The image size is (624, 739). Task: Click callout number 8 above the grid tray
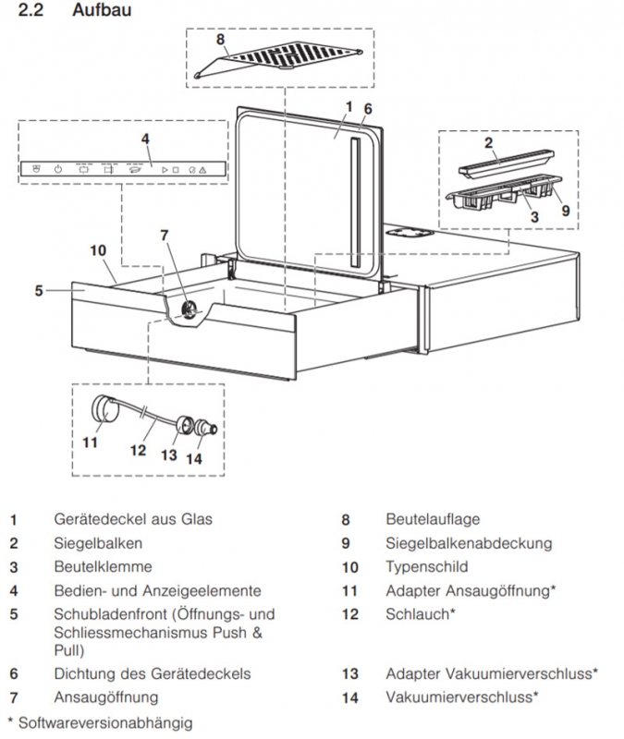tap(221, 40)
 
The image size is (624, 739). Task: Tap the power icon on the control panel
tap(57, 170)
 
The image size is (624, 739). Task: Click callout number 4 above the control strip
tap(144, 139)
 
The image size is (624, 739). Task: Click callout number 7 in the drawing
tap(165, 236)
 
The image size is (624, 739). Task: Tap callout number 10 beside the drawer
tap(99, 250)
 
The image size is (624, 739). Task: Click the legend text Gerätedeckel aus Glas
tap(133, 519)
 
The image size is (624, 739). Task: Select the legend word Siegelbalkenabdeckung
tap(468, 543)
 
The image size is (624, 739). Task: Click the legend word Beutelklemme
tap(103, 566)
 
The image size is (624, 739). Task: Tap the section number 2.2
tap(31, 13)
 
